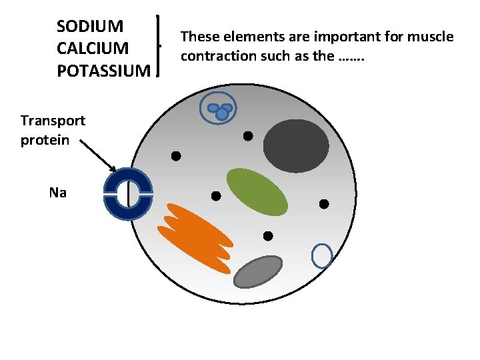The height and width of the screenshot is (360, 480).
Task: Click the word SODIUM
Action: pos(90,27)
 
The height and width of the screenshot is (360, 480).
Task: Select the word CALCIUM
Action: pos(93,49)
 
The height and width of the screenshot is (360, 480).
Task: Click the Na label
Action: pos(58,193)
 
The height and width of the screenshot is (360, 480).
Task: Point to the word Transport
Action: pos(53,121)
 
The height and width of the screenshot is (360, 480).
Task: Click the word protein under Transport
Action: pos(45,141)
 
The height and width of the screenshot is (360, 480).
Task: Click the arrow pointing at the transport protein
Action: pos(97,155)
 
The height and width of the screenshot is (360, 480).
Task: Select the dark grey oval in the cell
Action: pos(296,145)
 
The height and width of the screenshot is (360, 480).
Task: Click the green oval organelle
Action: pos(257,191)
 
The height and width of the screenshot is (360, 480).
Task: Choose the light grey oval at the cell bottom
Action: pos(259,271)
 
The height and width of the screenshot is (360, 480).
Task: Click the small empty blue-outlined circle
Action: pos(322,255)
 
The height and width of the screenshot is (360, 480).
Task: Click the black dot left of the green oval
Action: pos(216,196)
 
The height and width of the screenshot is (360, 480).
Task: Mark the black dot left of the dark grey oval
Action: pos(247,136)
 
